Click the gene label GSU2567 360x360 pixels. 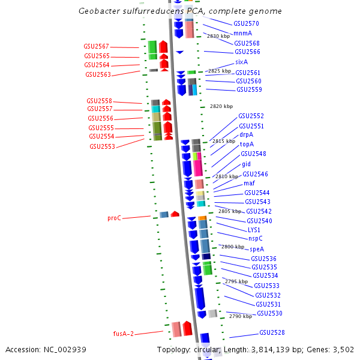pos(96,46)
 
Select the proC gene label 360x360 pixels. pos(114,218)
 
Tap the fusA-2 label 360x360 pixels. pos(124,334)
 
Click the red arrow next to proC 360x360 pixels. pos(175,214)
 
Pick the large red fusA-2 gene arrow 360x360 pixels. pos(187,329)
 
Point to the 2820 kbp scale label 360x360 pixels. pos(221,106)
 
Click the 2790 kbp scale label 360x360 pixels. pos(239,316)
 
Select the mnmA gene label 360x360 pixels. pos(242,33)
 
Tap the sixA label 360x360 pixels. pos(241,62)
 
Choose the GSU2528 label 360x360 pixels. pos(272,332)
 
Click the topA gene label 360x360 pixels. pos(247,144)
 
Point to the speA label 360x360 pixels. pos(257,249)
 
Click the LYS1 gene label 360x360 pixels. pos(254,230)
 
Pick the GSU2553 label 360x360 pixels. pos(102,146)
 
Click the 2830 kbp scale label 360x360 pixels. pos(218,37)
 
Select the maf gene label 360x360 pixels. pos(249,183)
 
